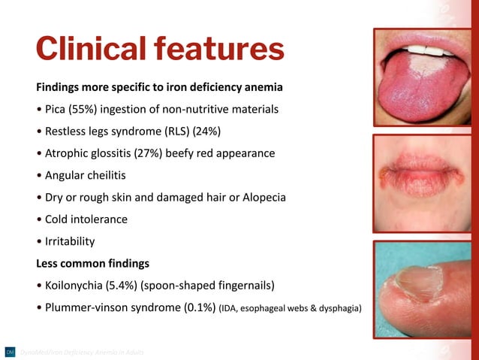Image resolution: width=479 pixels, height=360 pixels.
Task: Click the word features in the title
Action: coord(219,50)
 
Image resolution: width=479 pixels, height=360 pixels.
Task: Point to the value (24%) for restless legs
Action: coord(206,132)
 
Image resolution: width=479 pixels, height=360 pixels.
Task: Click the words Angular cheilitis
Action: coord(83,175)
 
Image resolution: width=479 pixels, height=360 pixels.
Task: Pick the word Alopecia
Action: coord(261,198)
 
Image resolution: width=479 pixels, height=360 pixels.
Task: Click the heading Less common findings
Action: coord(92,264)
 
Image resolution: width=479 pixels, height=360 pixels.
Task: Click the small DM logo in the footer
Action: coord(10,352)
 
